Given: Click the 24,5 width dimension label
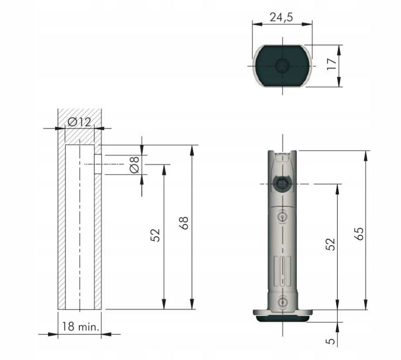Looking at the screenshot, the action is (281, 17).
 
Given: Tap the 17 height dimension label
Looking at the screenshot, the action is (332, 64).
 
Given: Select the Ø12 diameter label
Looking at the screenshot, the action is (79, 122).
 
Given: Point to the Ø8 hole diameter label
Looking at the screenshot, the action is (134, 164).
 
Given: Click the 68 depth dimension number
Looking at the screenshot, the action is (183, 223).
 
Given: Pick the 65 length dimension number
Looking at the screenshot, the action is (359, 233).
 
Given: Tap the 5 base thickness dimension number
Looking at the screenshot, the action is (331, 341).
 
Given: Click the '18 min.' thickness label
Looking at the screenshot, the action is (81, 327).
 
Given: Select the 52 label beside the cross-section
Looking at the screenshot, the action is (155, 235).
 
